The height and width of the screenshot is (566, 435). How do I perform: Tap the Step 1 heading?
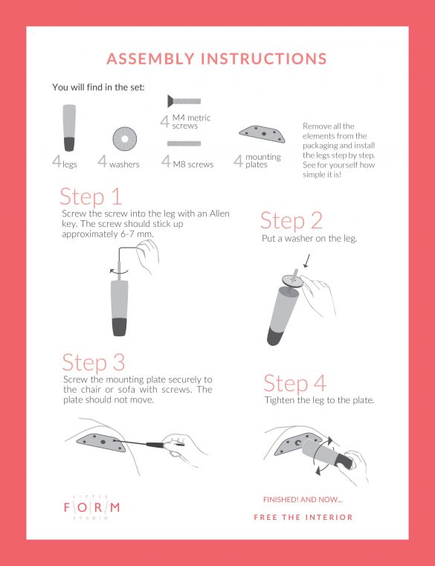click(91, 197)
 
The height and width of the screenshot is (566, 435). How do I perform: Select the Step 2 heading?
click(291, 221)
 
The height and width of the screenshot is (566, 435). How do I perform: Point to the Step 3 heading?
click(94, 362)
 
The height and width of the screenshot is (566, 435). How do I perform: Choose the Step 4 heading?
click(295, 383)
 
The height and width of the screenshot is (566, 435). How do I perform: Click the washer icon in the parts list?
click(124, 139)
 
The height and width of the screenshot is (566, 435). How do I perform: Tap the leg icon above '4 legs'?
click(69, 128)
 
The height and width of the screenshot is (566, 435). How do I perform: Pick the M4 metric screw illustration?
click(184, 101)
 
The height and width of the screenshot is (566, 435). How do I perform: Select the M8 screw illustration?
click(184, 144)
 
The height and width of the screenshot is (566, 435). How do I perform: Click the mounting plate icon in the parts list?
click(262, 134)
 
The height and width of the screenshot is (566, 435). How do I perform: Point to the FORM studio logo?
click(91, 507)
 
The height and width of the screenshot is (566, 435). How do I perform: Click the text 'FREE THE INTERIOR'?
click(303, 517)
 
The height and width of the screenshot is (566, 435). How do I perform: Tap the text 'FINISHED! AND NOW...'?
click(303, 500)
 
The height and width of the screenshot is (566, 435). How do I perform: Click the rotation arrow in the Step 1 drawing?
click(119, 271)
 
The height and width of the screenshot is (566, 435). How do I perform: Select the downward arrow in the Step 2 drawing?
click(307, 261)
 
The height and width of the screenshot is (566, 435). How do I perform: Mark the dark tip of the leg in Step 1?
click(120, 327)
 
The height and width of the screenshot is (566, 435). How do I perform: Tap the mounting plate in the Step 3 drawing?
click(101, 443)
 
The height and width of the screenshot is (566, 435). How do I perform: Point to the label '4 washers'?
click(118, 161)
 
